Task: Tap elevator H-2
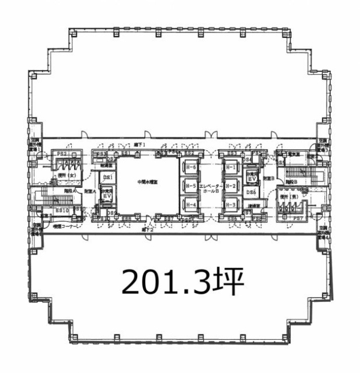[x=230, y=186]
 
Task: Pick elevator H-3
[x=230, y=205]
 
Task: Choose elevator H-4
[x=190, y=205]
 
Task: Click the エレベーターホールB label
[x=209, y=188]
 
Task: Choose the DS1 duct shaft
[x=107, y=177]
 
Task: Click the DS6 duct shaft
[x=251, y=192]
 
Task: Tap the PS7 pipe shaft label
[x=299, y=217]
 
